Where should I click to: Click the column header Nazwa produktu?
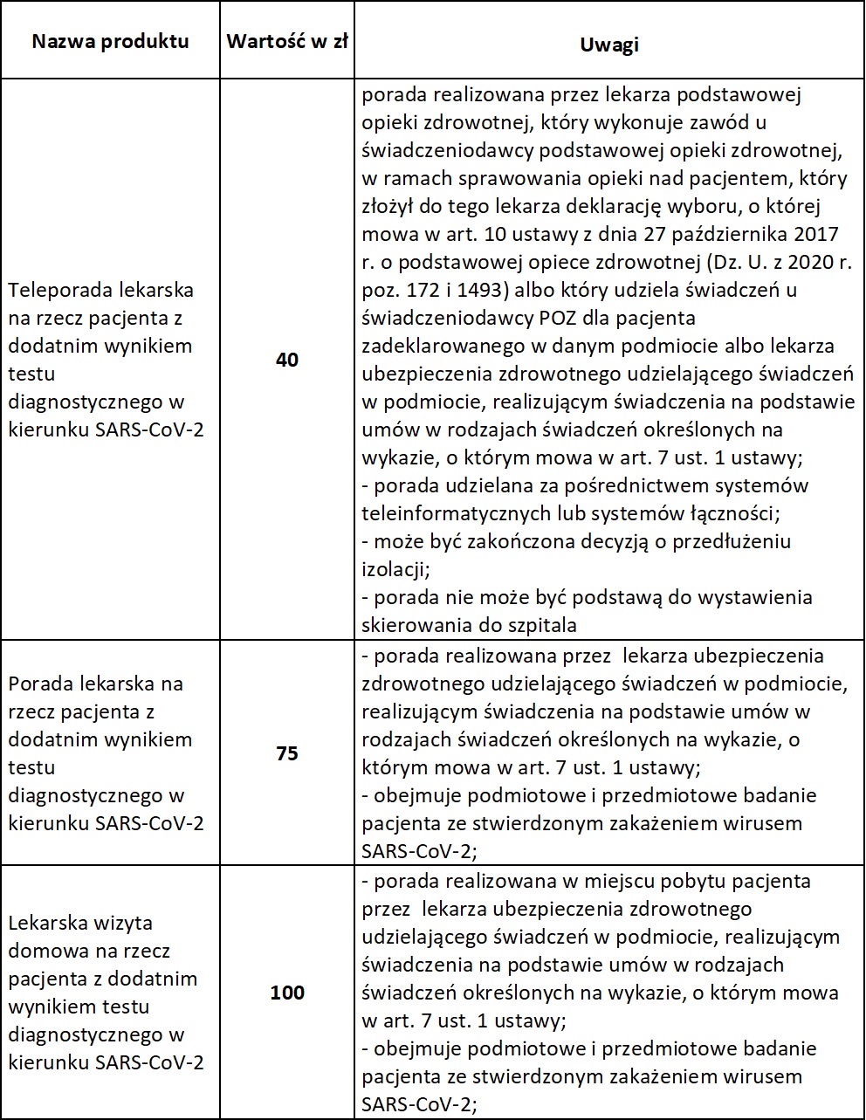pyautogui.click(x=111, y=42)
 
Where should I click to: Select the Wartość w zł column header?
pyautogui.click(x=286, y=42)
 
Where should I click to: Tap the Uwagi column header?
pyautogui.click(x=608, y=45)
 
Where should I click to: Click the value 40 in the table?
pyautogui.click(x=286, y=359)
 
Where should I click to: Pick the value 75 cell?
pyautogui.click(x=286, y=753)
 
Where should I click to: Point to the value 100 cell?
pyautogui.click(x=286, y=993)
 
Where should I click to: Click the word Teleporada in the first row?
pyautogui.click(x=56, y=290)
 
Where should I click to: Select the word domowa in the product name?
pyautogui.click(x=40, y=951)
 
